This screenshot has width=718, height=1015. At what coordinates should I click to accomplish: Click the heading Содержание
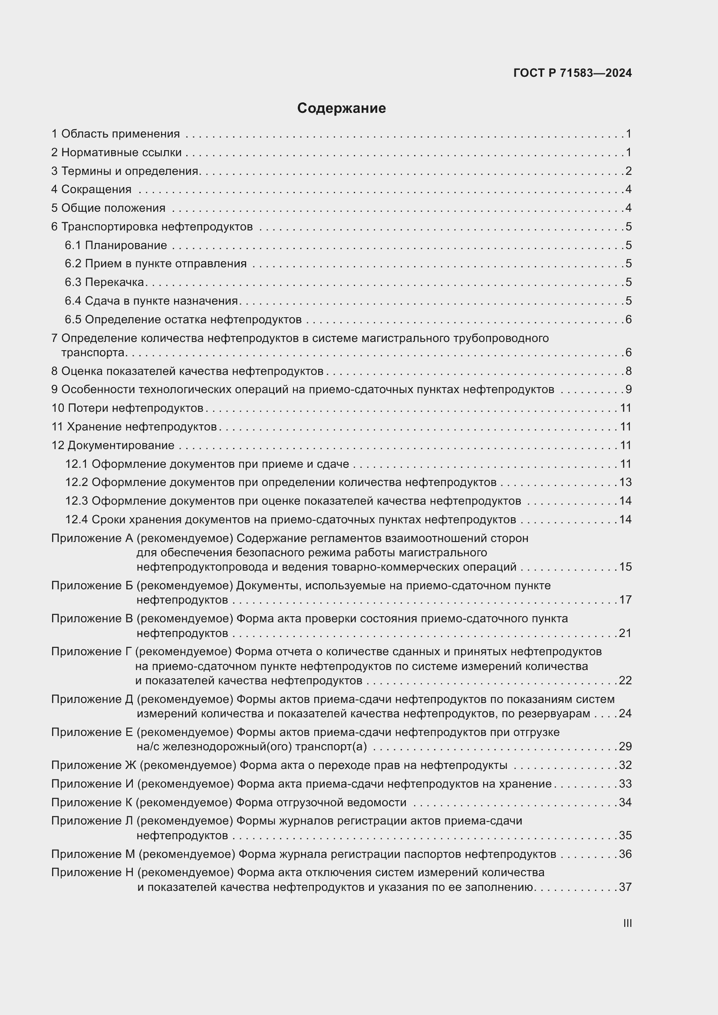tap(341, 108)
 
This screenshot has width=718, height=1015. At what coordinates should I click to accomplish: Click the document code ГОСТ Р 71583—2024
tap(573, 73)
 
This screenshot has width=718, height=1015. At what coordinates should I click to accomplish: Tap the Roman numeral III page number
tap(627, 923)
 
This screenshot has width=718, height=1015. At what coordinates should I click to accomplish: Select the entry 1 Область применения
tap(115, 134)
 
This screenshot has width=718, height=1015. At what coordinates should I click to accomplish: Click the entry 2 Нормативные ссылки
tap(116, 152)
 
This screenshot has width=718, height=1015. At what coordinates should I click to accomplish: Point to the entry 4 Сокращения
tap(92, 190)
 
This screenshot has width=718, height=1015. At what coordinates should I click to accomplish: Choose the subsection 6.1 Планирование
tap(116, 245)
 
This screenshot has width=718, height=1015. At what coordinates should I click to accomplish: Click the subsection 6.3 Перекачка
tap(104, 282)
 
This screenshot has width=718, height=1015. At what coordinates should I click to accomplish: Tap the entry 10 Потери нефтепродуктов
tap(127, 408)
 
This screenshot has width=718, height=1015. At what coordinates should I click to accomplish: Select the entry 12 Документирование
tap(113, 445)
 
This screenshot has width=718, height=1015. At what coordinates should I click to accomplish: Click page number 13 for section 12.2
tap(625, 482)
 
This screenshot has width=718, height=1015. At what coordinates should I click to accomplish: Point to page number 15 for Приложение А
tap(625, 567)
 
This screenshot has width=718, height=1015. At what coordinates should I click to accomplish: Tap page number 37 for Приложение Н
tap(625, 887)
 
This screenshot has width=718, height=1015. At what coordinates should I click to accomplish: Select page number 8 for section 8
tap(628, 371)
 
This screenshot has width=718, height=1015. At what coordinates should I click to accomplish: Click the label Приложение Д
tap(92, 700)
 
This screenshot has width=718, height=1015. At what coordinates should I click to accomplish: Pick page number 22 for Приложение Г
tap(625, 680)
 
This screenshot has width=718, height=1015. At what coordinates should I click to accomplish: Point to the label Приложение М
tap(93, 854)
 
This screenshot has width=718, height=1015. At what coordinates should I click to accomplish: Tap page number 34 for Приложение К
tap(625, 802)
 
